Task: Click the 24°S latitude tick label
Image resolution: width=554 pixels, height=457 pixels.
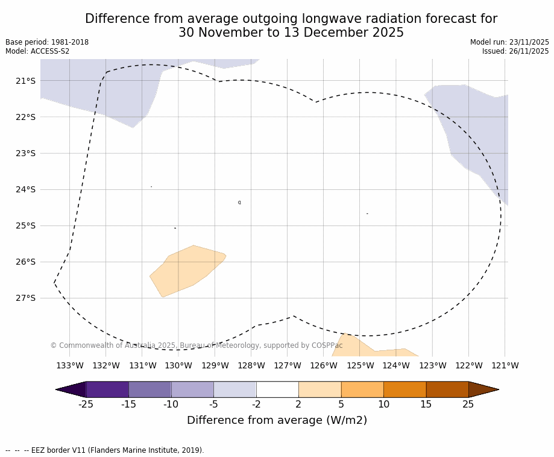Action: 25,189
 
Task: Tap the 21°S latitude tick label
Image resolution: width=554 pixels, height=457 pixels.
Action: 25,81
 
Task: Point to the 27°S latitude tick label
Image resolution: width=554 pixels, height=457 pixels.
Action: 25,298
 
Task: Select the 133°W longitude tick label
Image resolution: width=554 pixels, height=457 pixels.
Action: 70,365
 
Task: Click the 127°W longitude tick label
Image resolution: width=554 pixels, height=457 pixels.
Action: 288,365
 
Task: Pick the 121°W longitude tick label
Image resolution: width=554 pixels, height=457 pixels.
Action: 505,365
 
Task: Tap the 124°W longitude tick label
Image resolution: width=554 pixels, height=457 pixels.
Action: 396,365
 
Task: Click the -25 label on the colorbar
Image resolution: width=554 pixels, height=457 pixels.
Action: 86,405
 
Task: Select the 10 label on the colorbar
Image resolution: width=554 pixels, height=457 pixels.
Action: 383,405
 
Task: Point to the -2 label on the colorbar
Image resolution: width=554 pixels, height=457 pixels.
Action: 256,405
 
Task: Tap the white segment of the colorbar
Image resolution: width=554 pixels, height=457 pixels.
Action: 277,389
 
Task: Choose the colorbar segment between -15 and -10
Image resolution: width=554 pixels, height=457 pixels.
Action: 150,389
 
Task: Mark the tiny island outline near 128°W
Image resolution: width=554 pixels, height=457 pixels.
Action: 239,203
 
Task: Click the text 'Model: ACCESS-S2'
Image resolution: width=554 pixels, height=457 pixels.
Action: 37,51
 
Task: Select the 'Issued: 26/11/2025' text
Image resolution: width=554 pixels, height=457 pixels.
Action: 515,51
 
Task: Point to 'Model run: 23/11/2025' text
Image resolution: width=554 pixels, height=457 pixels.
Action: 509,42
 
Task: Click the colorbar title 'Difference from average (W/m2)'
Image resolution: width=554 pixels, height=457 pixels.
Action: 277,420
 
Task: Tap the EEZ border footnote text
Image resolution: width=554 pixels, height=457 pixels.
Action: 105,450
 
